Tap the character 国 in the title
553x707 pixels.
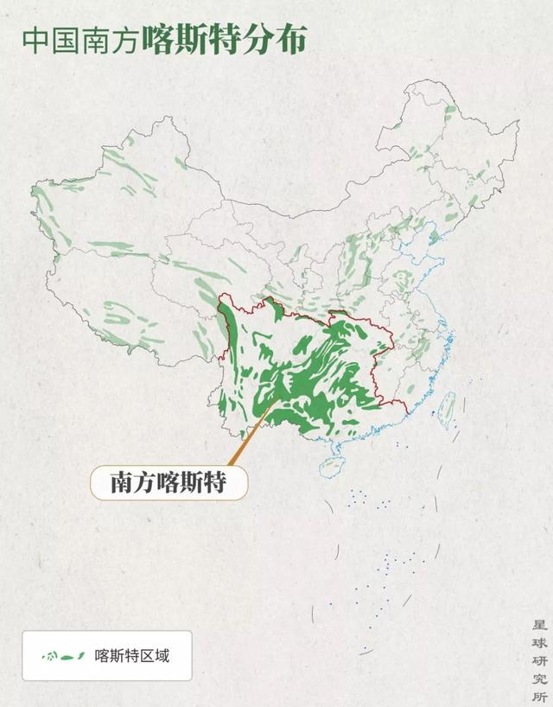(x=66, y=41)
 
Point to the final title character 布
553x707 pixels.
(x=290, y=41)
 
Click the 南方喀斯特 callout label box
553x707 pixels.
(x=168, y=482)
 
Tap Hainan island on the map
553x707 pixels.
(x=331, y=468)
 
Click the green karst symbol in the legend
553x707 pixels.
(x=63, y=656)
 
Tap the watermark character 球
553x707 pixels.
(x=539, y=642)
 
